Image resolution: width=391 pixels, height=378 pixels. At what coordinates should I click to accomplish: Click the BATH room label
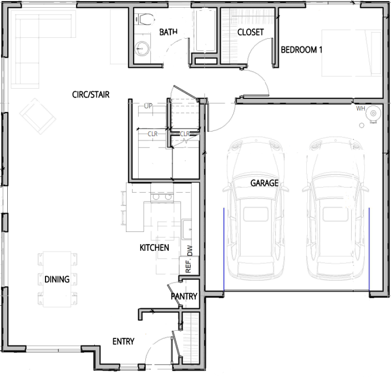coord(168,32)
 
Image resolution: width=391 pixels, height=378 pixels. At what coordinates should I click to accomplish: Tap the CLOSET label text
coord(251,32)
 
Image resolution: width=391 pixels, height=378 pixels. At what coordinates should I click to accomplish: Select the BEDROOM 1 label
coord(302,50)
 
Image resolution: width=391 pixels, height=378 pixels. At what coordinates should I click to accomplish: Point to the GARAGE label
coord(265,183)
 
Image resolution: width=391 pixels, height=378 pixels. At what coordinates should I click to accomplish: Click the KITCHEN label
coord(154,248)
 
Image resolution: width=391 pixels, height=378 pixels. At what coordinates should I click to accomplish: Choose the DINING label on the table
coord(57,279)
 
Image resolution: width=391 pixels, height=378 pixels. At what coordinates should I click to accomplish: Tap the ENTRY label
coord(124,341)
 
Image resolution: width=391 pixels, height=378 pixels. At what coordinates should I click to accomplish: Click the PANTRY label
coord(184,296)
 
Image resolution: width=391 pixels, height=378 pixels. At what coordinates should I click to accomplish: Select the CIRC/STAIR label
coord(91,94)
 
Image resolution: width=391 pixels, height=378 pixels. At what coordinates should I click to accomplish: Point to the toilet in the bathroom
coord(145,19)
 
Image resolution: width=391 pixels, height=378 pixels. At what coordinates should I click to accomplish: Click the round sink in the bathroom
coord(143,48)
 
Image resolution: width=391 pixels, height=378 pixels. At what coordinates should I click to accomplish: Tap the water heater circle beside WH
coord(373,113)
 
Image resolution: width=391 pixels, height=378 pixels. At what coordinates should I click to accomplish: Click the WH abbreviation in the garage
coord(360,109)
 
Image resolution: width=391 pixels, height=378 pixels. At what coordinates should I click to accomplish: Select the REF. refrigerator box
coord(189,265)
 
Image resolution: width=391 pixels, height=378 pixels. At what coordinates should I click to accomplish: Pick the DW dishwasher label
coord(190,250)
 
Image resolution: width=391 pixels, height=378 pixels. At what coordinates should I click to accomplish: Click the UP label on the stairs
coord(148,106)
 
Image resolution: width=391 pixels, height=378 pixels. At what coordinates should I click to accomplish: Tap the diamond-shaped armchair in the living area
coord(38,116)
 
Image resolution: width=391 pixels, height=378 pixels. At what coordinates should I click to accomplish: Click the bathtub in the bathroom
coord(206,31)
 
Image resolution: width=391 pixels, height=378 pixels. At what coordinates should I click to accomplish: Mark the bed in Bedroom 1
coord(352,53)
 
